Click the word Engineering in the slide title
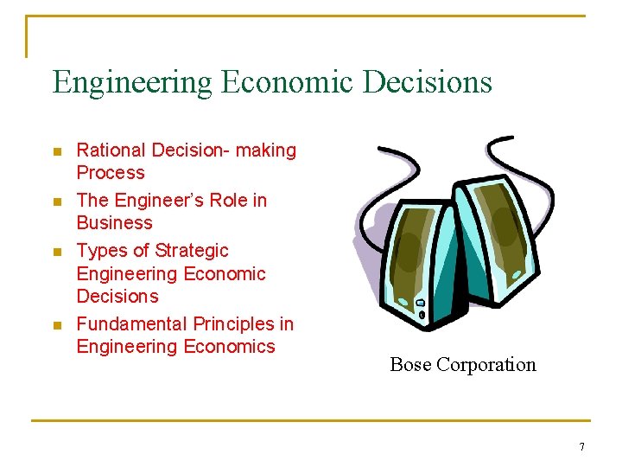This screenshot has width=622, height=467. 131,83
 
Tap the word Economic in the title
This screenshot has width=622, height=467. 289,83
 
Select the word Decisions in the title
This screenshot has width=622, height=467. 428,83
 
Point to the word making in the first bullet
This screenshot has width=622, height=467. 266,150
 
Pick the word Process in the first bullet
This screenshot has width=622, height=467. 111,173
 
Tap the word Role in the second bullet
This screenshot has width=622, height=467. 231,201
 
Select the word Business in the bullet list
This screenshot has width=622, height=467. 114,223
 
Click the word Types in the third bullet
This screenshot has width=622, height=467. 101,251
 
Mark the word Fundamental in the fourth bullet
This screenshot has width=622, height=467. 132,324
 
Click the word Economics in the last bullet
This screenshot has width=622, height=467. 227,347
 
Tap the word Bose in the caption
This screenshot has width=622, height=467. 411,365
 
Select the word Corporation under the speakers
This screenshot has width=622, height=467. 486,365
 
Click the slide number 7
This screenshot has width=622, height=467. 581,447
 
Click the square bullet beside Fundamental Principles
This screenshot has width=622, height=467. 57,326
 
